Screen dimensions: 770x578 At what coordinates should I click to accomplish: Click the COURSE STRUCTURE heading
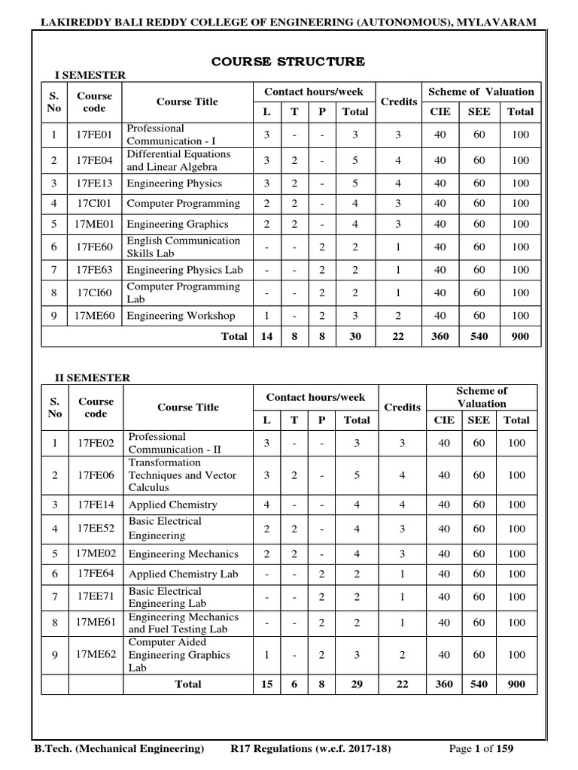(289, 61)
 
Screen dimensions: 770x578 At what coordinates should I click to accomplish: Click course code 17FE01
(94, 135)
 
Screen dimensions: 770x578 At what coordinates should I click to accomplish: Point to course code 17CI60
(94, 293)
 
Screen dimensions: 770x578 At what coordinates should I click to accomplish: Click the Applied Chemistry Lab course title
(183, 574)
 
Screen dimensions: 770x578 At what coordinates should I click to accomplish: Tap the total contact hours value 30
(355, 337)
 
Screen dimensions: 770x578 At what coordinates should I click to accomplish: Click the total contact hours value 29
(357, 684)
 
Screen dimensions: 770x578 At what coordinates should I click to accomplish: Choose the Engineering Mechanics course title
(183, 553)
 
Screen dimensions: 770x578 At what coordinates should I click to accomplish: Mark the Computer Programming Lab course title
(183, 293)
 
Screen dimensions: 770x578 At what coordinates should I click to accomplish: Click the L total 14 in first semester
(266, 337)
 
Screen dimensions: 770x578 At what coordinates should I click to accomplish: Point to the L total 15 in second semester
(268, 684)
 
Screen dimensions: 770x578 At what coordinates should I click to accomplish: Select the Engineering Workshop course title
(181, 316)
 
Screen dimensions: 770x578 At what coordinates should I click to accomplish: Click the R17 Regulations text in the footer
(310, 749)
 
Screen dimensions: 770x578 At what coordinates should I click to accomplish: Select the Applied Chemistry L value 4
(268, 505)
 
